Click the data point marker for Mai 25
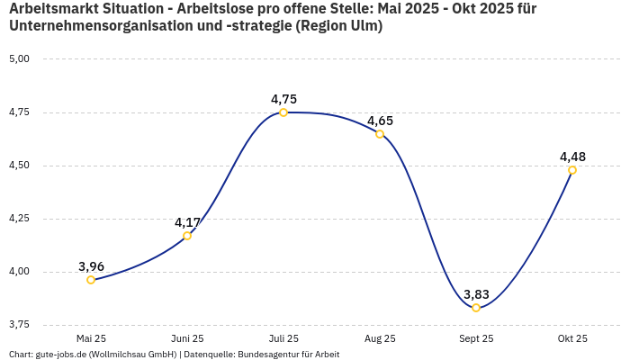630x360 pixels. point(91,280)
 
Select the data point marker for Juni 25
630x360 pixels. point(187,236)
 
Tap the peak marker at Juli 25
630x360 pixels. point(283,112)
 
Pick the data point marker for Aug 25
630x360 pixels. point(380,134)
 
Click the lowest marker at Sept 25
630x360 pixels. point(476,308)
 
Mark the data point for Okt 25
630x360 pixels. point(572,170)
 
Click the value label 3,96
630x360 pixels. point(91,266)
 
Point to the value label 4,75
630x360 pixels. point(283,99)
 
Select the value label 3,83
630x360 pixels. point(476,294)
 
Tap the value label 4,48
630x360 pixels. point(572,157)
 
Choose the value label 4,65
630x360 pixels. point(380,121)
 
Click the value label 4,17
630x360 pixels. point(187,222)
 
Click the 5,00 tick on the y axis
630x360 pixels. point(19,58)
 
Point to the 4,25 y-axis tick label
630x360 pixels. point(19,219)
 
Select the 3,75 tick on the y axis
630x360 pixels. point(19,325)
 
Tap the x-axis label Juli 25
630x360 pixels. point(283,338)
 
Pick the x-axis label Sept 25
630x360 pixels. point(476,338)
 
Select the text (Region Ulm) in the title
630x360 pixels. point(338,26)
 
